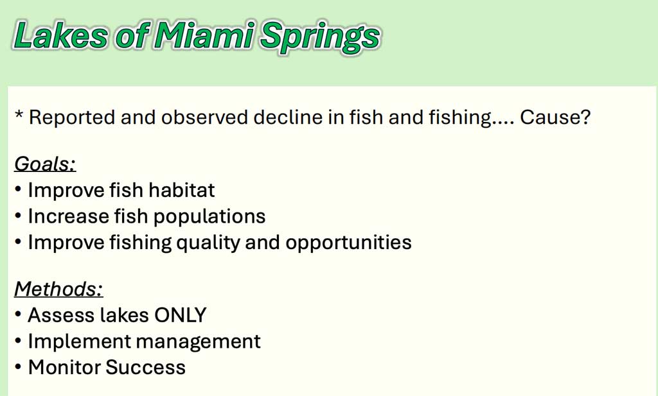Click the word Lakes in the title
(x=61, y=35)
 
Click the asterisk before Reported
(x=19, y=114)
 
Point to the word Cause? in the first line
(x=555, y=117)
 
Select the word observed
(x=205, y=117)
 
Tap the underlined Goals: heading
(x=46, y=164)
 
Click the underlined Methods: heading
(x=58, y=289)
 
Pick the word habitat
(x=182, y=190)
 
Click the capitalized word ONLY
(x=181, y=315)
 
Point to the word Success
(x=146, y=367)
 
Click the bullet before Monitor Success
(x=17, y=368)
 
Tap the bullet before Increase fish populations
(x=17, y=217)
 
